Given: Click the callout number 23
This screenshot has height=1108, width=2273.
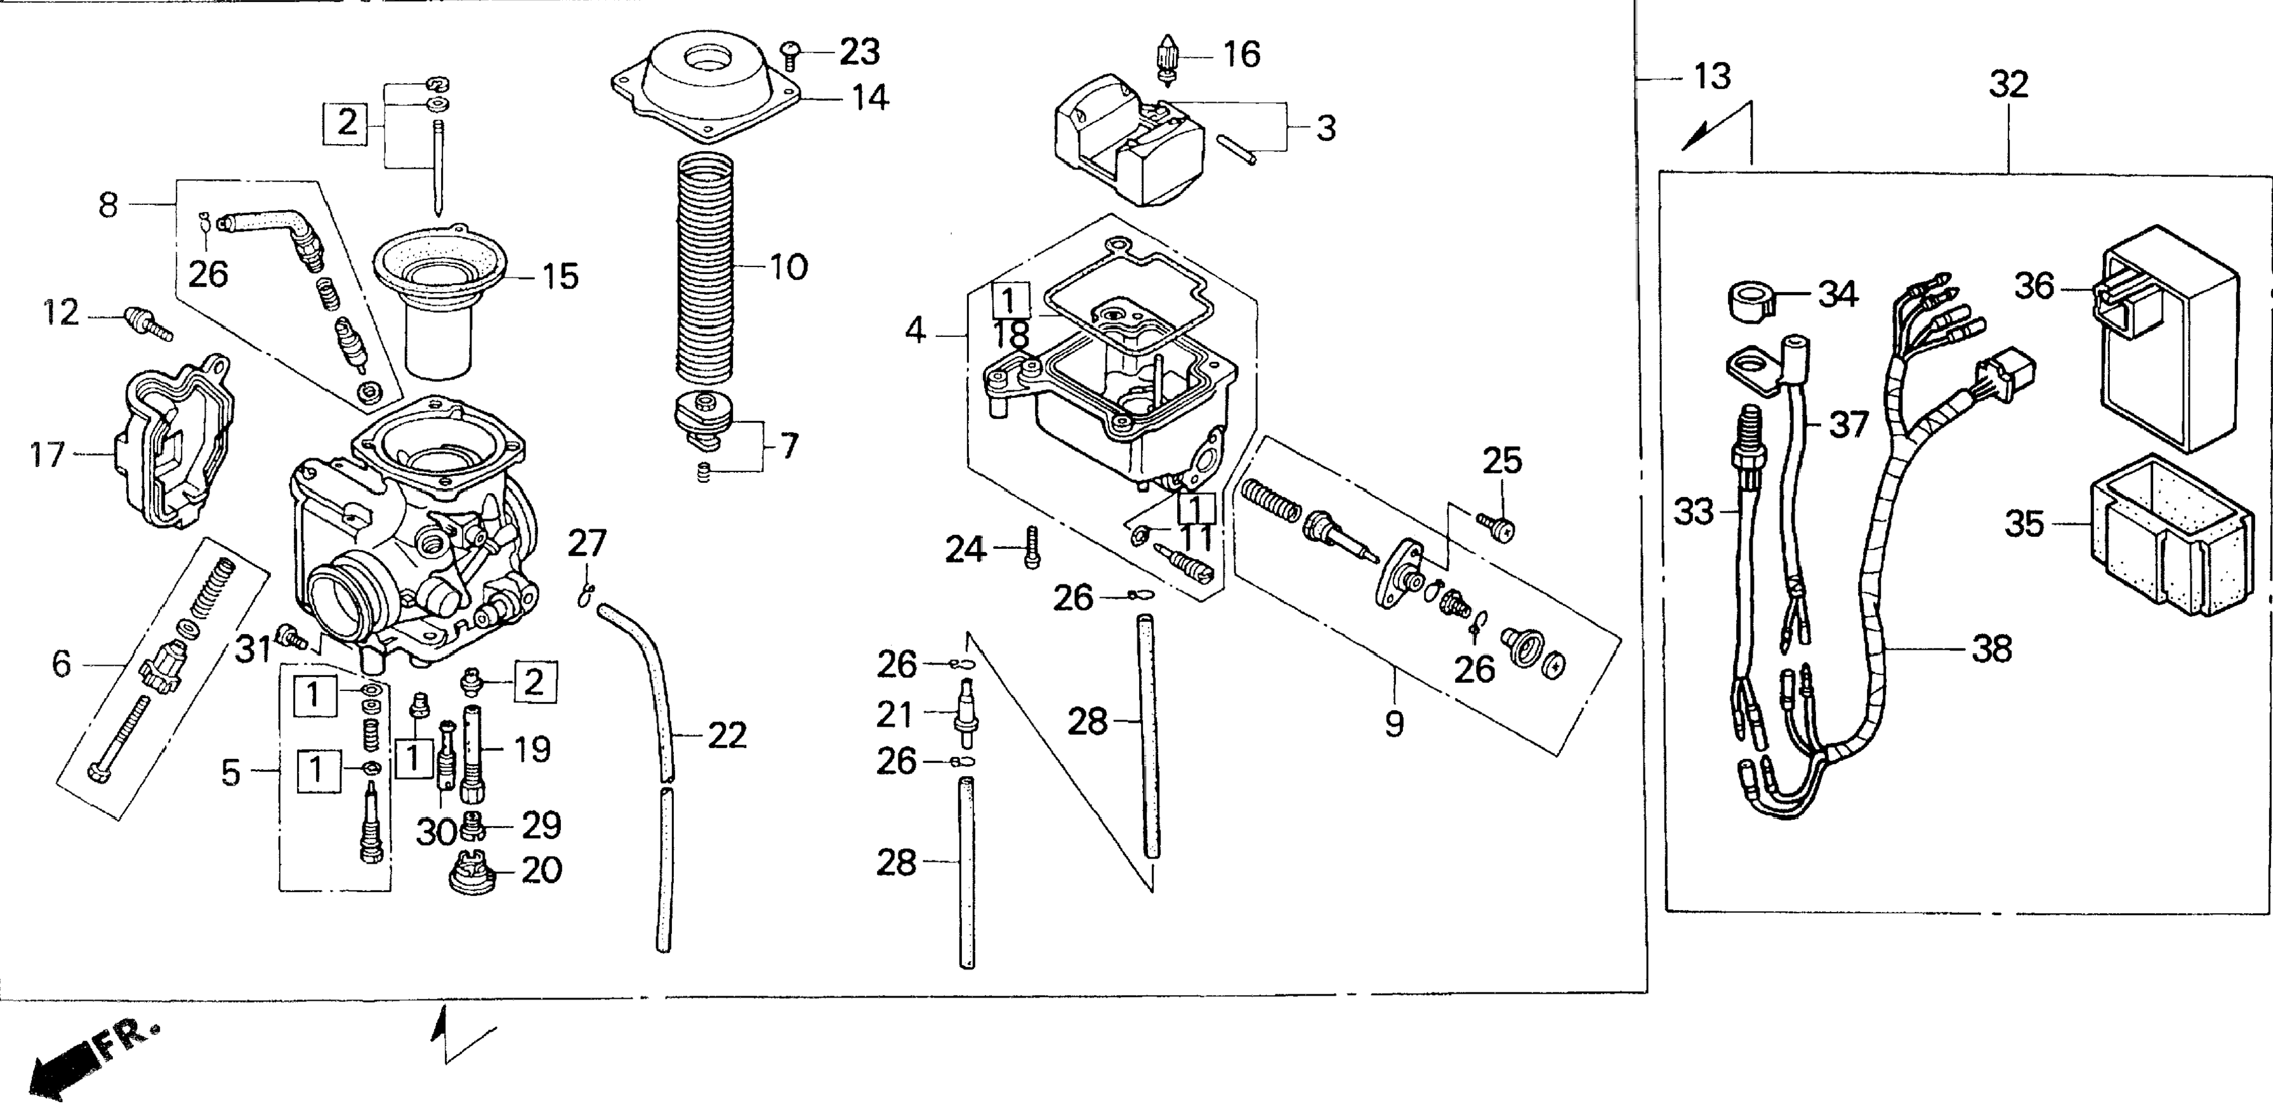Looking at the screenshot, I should pyautogui.click(x=859, y=53).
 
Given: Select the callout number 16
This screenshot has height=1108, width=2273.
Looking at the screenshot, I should pyautogui.click(x=1241, y=55).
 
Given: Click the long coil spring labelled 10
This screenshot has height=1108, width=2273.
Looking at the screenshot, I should pyautogui.click(x=706, y=269).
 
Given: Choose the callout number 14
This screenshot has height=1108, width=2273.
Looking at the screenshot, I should pyautogui.click(x=869, y=97).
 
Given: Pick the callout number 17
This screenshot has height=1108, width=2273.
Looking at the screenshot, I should pyautogui.click(x=47, y=455).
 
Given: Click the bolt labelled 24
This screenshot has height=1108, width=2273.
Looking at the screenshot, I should pyautogui.click(x=1032, y=548).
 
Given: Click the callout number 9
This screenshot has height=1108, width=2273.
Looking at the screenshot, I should pyautogui.click(x=1393, y=723).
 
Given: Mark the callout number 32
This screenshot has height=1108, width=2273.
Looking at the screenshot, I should pyautogui.click(x=2009, y=84).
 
